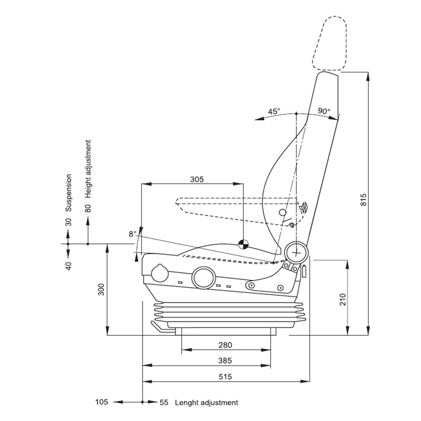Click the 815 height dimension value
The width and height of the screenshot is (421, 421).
point(364,200)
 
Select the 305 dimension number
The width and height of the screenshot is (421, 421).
point(197,179)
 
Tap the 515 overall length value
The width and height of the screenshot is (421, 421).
point(225,376)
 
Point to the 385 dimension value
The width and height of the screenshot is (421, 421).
point(225,361)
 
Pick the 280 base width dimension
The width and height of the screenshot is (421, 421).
point(225,345)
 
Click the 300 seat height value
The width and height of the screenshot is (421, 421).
point(101,289)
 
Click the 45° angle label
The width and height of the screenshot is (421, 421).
point(274,112)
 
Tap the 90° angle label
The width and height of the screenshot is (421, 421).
point(324,111)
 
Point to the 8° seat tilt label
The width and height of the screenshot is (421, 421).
point(133,234)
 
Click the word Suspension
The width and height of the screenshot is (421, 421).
point(69,192)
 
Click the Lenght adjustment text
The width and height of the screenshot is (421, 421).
point(206,402)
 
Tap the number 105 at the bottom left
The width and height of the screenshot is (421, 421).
point(102,402)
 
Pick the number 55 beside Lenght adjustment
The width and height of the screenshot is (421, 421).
point(164,402)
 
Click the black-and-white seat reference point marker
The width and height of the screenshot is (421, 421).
point(243,244)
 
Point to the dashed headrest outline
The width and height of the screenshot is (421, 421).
point(330,43)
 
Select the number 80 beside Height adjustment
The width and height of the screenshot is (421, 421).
point(88,209)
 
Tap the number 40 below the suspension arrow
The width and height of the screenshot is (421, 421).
point(69,266)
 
